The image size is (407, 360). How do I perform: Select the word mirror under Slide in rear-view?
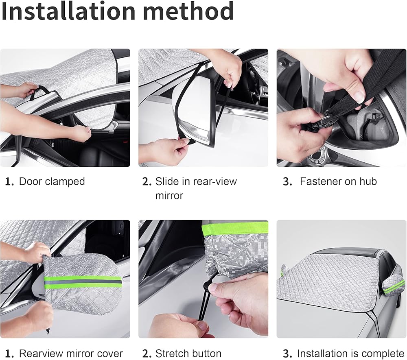(x=169, y=196)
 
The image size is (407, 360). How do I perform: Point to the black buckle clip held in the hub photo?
(x=322, y=122)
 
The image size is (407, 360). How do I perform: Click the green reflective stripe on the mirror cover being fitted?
(x=83, y=282)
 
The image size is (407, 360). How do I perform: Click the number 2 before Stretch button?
(x=147, y=354)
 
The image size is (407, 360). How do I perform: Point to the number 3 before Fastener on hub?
(x=287, y=182)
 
